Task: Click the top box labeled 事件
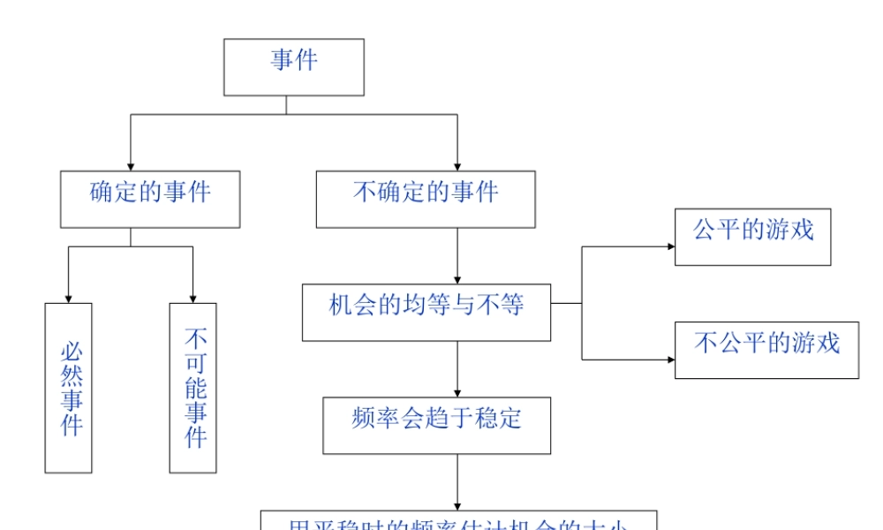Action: (x=293, y=67)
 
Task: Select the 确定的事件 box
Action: (x=150, y=200)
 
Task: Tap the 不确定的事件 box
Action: (x=426, y=200)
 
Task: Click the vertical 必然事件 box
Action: (x=69, y=388)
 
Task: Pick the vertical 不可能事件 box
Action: (x=193, y=388)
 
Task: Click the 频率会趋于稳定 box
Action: (x=437, y=425)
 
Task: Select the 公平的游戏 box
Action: (x=752, y=237)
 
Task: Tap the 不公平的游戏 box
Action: (x=766, y=350)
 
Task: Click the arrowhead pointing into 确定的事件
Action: (x=131, y=165)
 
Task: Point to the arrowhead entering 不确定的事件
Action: (x=457, y=165)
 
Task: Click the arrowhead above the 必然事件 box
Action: (x=69, y=298)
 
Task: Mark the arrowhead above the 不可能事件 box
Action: (x=192, y=298)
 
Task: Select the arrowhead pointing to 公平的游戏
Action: (x=669, y=246)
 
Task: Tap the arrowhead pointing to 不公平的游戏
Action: (x=669, y=360)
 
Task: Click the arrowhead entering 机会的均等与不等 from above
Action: (x=457, y=278)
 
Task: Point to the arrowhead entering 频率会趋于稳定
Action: (x=457, y=391)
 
